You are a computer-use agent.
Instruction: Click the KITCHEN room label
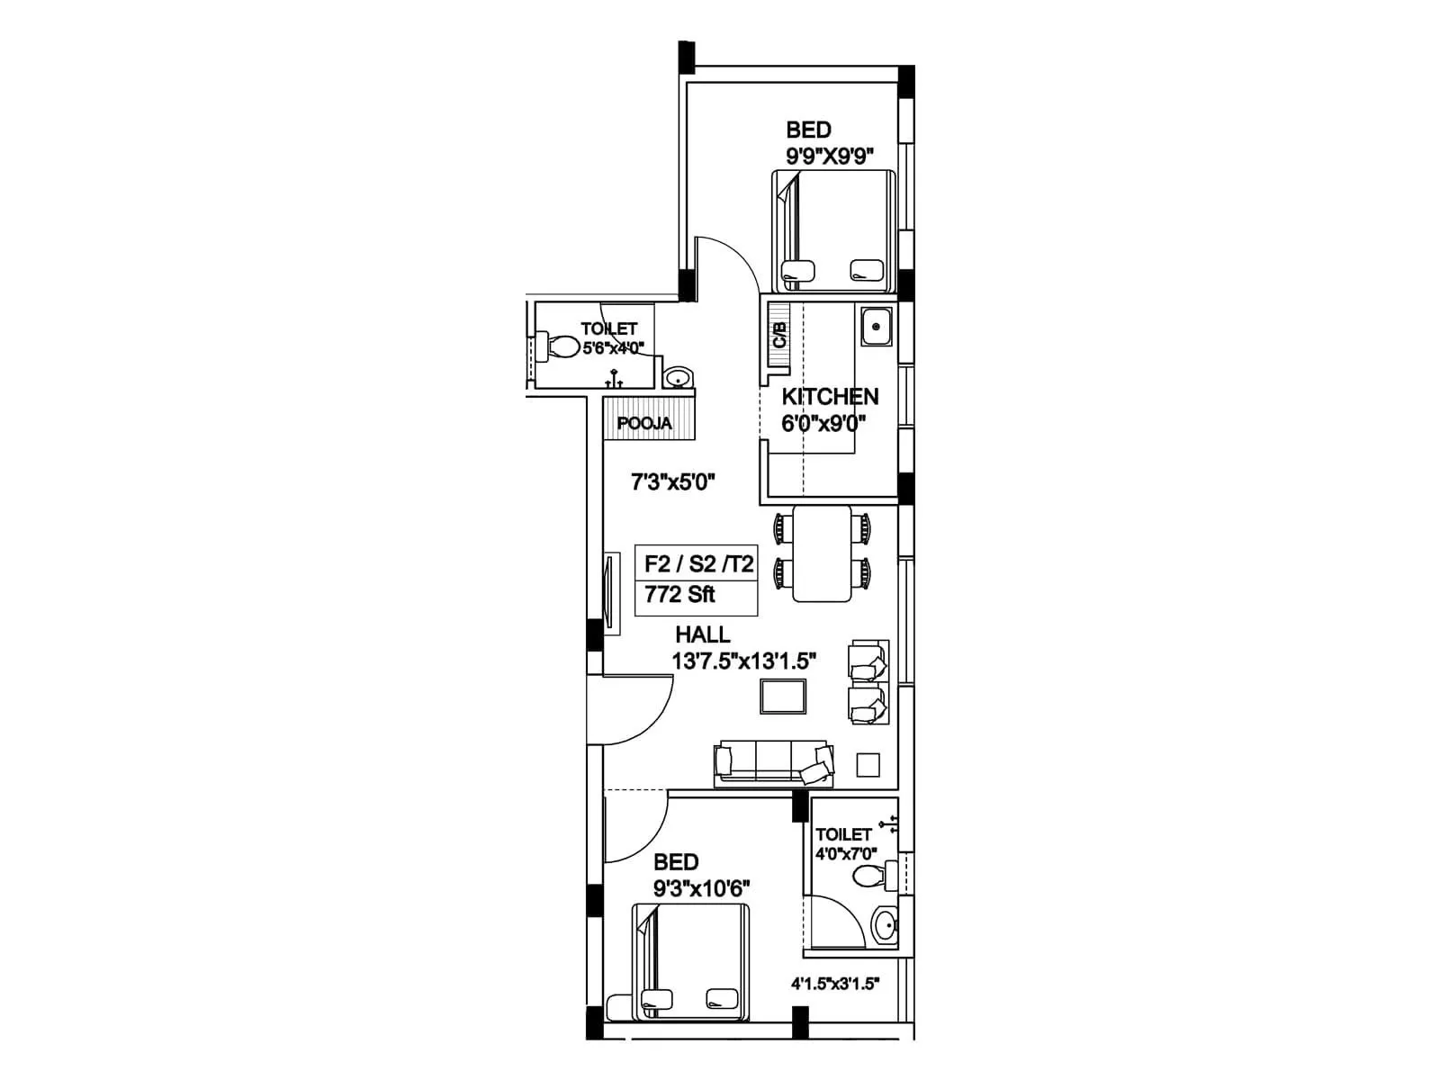[829, 397]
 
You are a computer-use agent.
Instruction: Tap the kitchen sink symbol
[876, 327]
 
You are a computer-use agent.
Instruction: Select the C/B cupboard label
[779, 336]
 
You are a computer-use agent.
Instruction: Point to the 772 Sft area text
[679, 595]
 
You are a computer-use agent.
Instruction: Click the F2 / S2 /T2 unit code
[698, 565]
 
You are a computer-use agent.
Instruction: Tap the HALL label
[702, 634]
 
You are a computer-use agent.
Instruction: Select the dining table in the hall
[822, 553]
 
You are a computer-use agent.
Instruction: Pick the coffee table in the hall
[783, 697]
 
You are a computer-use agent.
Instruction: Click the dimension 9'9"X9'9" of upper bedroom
[830, 156]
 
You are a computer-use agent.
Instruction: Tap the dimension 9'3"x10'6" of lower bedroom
[702, 889]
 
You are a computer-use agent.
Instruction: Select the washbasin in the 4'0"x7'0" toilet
[886, 925]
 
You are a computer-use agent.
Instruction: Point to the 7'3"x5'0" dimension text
[672, 482]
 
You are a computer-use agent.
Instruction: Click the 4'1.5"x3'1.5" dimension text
[834, 984]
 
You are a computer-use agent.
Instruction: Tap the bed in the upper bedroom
[834, 230]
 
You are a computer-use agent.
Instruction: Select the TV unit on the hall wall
[611, 594]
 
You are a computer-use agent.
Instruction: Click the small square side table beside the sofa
[868, 765]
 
